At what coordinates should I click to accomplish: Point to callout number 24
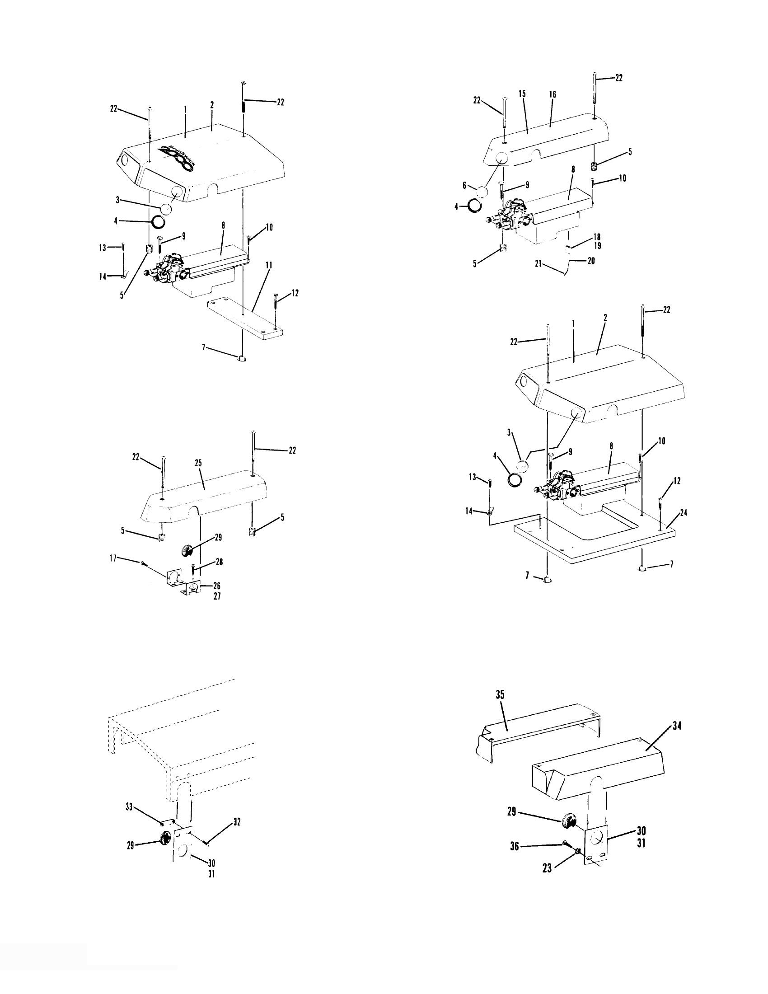pos(683,513)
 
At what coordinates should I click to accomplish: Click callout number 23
pos(548,868)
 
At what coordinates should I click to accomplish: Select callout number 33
pos(129,807)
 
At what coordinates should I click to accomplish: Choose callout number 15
pos(522,94)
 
